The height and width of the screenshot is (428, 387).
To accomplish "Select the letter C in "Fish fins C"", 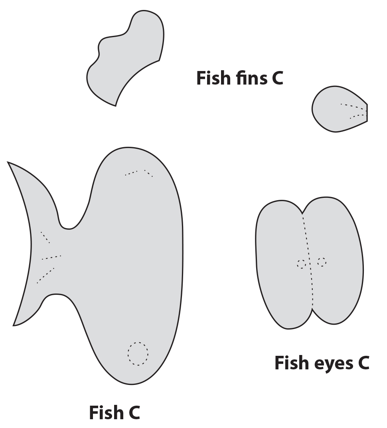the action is tap(277, 78).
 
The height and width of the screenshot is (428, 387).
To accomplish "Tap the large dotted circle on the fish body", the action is tap(138, 353).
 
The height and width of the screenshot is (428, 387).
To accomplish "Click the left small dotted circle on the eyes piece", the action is tap(301, 264).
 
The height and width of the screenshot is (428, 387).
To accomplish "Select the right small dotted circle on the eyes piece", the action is tap(322, 262).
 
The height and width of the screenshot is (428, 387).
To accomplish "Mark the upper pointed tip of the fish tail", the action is tap(8, 163).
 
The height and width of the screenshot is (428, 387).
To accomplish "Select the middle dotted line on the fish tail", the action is tap(51, 257).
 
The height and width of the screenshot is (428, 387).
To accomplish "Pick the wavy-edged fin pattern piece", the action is tap(128, 58).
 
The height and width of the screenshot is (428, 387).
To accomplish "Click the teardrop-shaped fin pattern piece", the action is tap(337, 111).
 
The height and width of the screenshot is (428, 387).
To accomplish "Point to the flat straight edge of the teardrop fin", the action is tap(367, 112).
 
